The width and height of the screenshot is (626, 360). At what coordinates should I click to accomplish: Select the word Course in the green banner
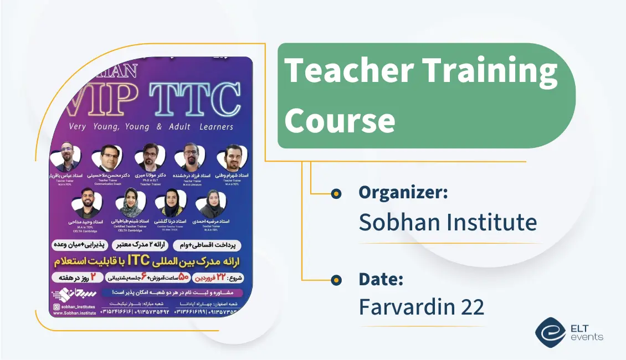click(x=340, y=119)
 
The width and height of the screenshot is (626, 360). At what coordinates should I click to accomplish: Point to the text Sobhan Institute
click(x=448, y=222)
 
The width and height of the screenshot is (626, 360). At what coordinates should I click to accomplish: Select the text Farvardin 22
click(x=422, y=307)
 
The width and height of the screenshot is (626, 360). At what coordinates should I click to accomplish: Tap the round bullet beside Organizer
click(x=335, y=194)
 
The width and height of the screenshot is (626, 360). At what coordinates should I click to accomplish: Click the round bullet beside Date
click(x=335, y=280)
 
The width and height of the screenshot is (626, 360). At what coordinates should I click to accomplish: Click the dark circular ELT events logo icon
click(x=550, y=332)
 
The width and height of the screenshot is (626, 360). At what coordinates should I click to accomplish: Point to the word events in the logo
click(x=586, y=337)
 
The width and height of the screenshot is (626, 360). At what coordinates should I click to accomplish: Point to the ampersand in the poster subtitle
click(x=159, y=127)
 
